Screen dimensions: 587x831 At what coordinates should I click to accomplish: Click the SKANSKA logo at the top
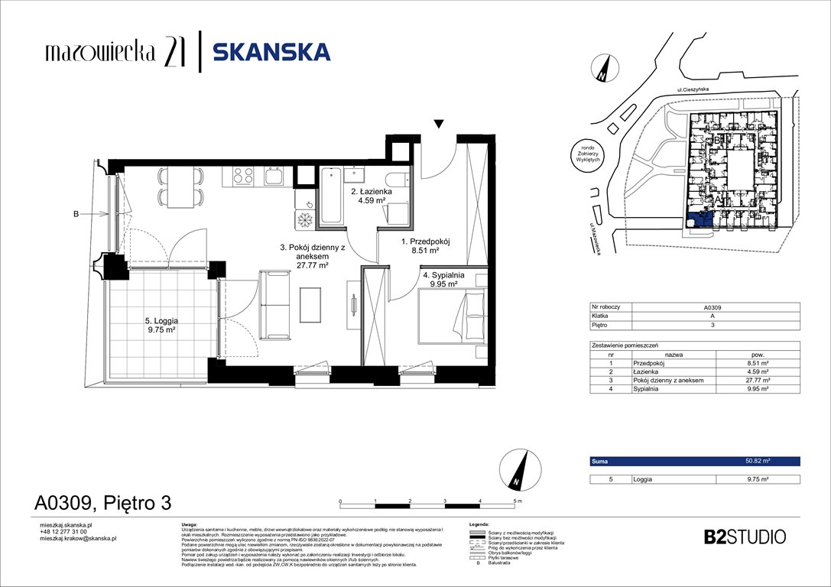pos(271,52)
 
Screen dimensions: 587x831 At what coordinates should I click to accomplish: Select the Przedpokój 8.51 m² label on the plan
pos(426,245)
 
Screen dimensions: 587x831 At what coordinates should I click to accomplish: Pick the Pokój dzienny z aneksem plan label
pos(304,256)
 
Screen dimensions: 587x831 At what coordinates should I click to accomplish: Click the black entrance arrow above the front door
pos(438,124)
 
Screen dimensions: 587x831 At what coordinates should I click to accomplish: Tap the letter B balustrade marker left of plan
pos(76,215)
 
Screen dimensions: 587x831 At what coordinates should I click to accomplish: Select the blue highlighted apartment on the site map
pos(700,219)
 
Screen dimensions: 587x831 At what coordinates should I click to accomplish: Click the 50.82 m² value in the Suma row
pos(757,462)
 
